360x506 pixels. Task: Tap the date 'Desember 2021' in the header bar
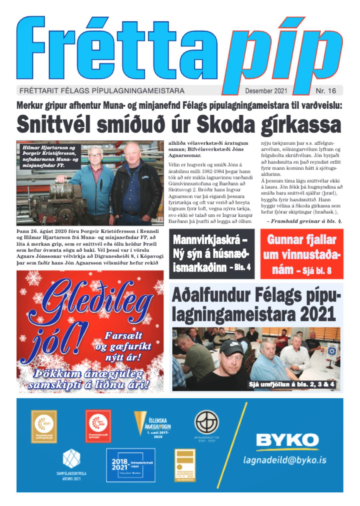(x=266, y=90)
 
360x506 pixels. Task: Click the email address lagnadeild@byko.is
(x=284, y=460)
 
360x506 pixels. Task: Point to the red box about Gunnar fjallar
(x=302, y=254)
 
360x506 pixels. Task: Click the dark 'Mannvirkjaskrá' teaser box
(x=212, y=254)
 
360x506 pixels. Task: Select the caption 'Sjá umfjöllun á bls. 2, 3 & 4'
(x=292, y=385)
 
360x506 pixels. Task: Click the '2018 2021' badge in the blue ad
(x=130, y=465)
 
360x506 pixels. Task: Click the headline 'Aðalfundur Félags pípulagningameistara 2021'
(x=256, y=304)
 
